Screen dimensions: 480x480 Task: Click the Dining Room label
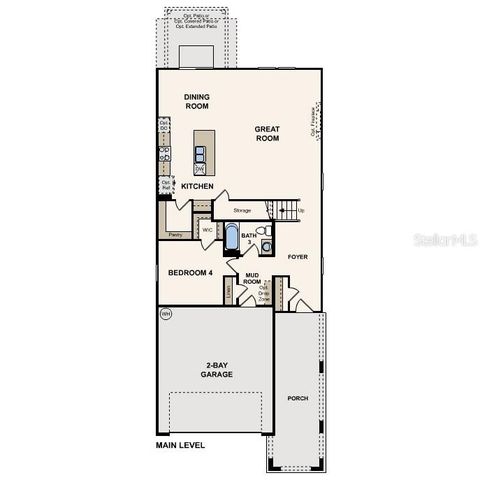click(196, 100)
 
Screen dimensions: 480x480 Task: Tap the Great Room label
click(266, 133)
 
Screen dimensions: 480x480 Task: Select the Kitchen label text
click(198, 186)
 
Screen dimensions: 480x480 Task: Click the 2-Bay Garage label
click(215, 369)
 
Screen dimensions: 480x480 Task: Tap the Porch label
click(298, 398)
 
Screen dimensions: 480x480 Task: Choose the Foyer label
click(298, 257)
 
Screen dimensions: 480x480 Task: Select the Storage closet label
click(242, 211)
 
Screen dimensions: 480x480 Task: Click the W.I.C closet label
click(206, 231)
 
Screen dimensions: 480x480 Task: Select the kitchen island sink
click(200, 153)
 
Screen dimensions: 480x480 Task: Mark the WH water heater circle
click(165, 315)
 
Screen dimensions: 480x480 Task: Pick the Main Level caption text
click(180, 443)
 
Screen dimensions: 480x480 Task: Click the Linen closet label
click(229, 292)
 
